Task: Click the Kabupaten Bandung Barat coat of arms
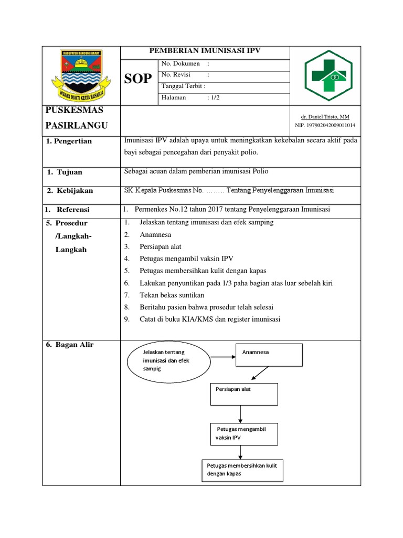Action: coord(81,75)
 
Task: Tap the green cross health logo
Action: coord(328,75)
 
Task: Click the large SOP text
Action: coord(138,79)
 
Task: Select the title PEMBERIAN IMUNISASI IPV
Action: coord(205,51)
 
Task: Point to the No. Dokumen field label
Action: coord(181,64)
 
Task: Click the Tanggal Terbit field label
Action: coord(183,86)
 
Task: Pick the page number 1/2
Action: coord(215,98)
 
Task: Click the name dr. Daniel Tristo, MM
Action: coord(325,117)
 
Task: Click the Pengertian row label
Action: coord(72,141)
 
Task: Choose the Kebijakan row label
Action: coord(73,191)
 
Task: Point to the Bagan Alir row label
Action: coord(71,345)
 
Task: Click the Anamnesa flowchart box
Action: coord(269,354)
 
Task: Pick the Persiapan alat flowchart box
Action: coord(244,394)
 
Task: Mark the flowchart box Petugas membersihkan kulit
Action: coord(242,470)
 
